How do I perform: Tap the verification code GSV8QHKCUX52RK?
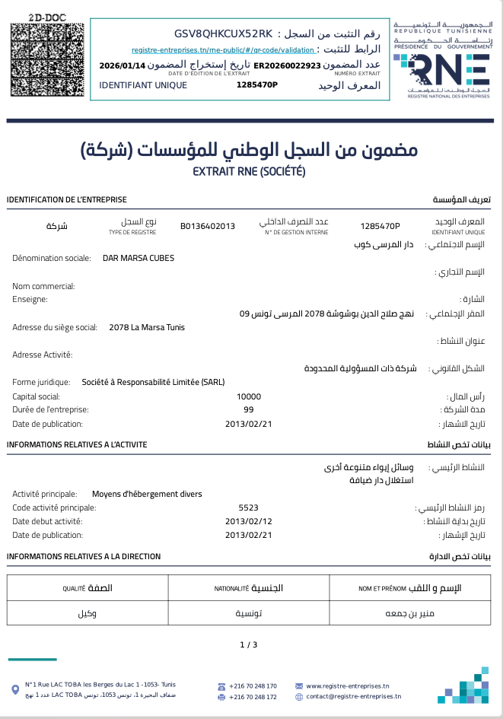click(x=223, y=33)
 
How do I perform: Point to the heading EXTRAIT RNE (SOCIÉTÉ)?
click(x=250, y=172)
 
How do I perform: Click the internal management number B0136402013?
click(x=208, y=226)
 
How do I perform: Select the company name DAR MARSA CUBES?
click(x=138, y=258)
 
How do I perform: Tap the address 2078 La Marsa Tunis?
click(x=147, y=327)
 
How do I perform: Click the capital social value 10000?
click(x=249, y=396)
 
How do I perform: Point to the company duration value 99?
click(x=249, y=409)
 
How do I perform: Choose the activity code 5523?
click(x=249, y=507)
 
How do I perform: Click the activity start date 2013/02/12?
click(x=249, y=521)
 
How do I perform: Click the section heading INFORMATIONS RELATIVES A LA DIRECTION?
click(x=84, y=556)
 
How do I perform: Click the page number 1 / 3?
click(x=249, y=644)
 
